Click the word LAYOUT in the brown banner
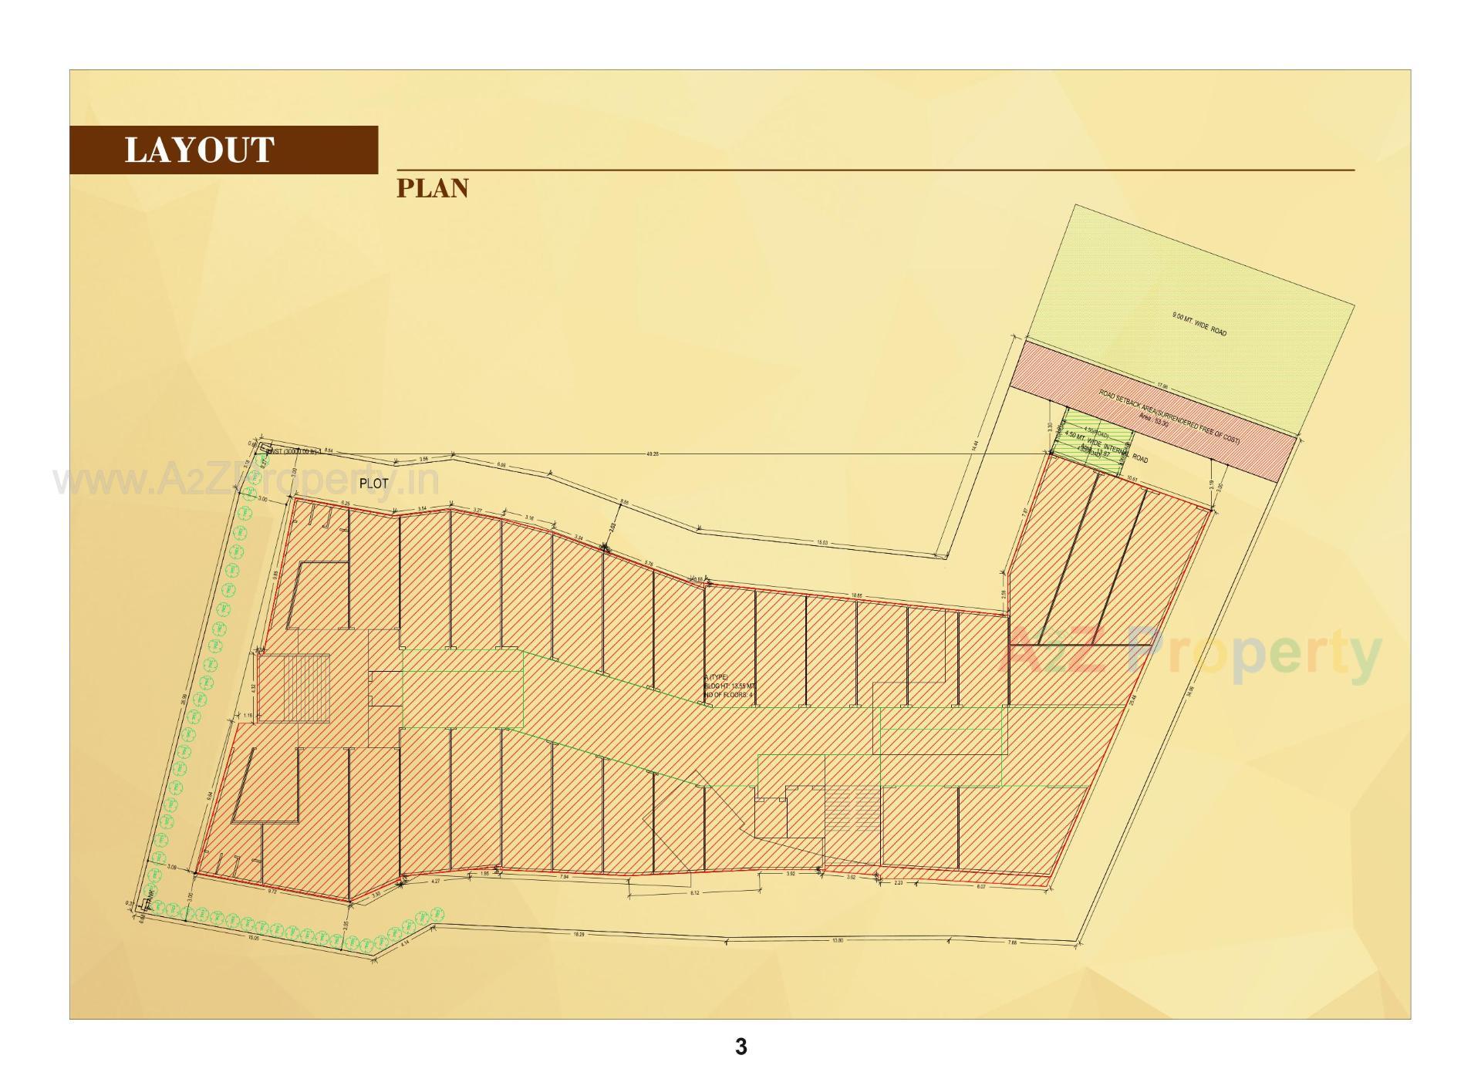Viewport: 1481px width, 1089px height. (199, 150)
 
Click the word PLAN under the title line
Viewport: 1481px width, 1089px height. (432, 188)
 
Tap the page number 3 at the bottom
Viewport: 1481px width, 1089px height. (740, 1047)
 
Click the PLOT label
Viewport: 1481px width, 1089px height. (374, 484)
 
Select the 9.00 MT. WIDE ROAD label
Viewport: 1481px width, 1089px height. (1199, 324)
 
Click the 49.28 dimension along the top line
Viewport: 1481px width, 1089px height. (653, 454)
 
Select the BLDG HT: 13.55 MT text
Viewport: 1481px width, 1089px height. (729, 686)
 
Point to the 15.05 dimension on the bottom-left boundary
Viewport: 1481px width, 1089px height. (253, 939)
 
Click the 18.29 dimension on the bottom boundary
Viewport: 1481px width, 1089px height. (579, 935)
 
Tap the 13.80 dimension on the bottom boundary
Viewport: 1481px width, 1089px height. (837, 940)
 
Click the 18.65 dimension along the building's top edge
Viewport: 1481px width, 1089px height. (856, 595)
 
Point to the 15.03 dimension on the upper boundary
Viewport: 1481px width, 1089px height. (822, 543)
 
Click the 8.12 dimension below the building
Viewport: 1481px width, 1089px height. (694, 893)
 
